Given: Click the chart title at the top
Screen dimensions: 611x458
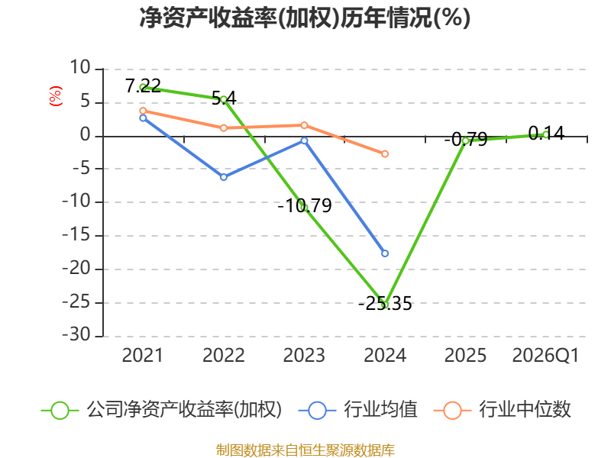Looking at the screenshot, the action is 305,18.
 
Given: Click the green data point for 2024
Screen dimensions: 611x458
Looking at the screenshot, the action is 385,305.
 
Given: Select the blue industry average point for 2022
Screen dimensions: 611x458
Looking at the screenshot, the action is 224,177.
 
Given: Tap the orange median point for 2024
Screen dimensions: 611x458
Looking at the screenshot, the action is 385,154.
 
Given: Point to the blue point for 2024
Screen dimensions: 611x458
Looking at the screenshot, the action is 385,253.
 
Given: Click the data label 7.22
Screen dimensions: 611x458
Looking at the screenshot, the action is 143,85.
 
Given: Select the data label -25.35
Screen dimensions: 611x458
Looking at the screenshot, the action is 385,303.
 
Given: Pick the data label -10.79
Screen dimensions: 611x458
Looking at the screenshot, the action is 304,205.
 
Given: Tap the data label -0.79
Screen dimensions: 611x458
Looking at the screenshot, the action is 466,139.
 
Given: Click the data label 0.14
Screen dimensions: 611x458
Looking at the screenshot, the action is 546,133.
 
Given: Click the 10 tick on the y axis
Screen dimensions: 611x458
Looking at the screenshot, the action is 80,68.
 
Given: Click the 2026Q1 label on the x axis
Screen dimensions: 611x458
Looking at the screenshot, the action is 545,355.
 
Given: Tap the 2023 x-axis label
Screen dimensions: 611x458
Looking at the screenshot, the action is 304,355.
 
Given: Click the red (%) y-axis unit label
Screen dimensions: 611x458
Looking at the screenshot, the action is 56,96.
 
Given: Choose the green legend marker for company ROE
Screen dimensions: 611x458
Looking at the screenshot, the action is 60,411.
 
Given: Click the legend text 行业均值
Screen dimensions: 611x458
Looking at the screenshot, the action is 380,410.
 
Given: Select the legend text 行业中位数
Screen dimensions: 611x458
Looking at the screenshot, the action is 525,410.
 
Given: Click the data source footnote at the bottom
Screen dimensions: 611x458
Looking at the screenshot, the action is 305,450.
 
